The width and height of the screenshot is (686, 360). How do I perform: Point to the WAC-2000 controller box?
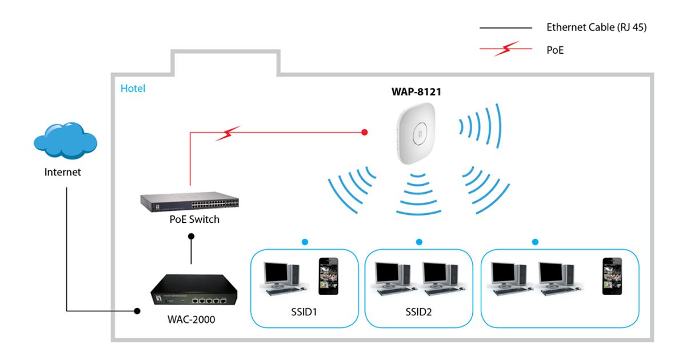pyautogui.click(x=190, y=291)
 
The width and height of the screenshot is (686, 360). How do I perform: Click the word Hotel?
pyautogui.click(x=133, y=89)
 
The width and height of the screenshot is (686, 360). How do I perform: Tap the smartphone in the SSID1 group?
pyautogui.click(x=328, y=275)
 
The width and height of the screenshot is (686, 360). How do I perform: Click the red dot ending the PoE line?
pyautogui.click(x=365, y=133)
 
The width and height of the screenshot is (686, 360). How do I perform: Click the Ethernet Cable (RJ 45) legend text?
pyautogui.click(x=597, y=27)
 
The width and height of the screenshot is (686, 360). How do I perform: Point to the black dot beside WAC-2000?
pyautogui.click(x=137, y=311)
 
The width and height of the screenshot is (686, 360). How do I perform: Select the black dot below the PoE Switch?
pyautogui.click(x=191, y=235)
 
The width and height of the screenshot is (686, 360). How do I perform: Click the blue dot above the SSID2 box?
pyautogui.click(x=419, y=242)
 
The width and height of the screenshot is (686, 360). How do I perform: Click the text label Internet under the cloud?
pyautogui.click(x=63, y=172)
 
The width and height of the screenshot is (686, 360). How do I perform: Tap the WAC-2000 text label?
pyautogui.click(x=190, y=319)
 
